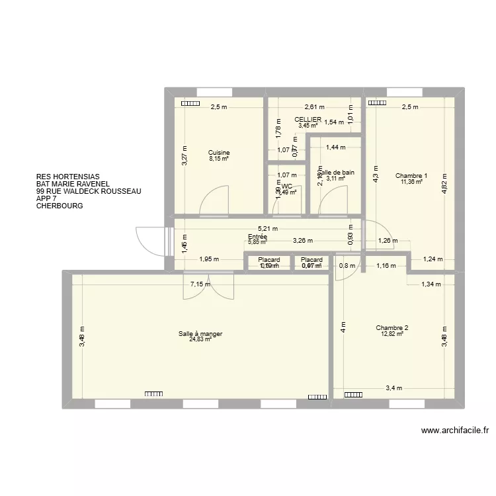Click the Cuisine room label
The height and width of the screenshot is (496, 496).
click(218, 152)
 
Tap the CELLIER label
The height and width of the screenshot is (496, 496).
click(309, 120)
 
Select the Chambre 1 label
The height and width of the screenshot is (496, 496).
click(411, 176)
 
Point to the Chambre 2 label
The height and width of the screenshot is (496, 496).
click(392, 328)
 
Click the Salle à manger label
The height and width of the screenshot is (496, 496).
click(200, 334)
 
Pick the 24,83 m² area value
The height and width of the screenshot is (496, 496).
click(200, 340)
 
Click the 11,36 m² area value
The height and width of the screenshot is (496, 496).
click(411, 182)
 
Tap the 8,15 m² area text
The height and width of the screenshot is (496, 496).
click(218, 159)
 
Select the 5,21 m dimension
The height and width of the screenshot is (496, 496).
click(268, 229)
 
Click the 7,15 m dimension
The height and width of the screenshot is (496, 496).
click(200, 285)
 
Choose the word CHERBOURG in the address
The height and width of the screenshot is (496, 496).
click(61, 206)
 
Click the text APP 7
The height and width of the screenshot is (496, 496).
click(47, 198)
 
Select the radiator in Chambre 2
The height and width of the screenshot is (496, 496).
click(352, 394)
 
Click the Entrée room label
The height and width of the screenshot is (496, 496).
click(257, 236)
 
